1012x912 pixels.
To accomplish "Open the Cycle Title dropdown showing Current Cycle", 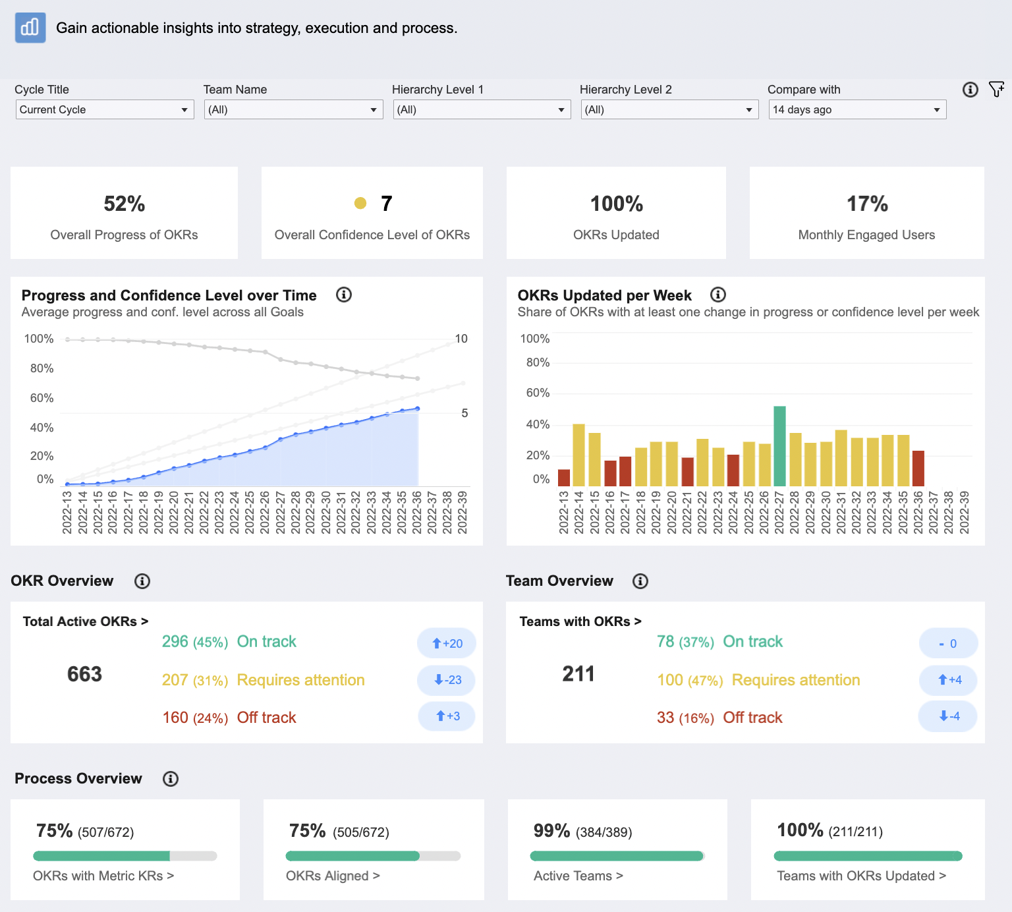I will coord(104,109).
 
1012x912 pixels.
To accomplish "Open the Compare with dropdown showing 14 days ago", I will coord(857,109).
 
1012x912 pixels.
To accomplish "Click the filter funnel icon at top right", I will coord(996,90).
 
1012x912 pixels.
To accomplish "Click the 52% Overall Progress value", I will coord(124,204).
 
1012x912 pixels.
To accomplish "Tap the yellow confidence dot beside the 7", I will coord(360,204).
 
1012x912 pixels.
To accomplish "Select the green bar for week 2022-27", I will coord(779,446).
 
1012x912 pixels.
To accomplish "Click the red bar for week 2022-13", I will coord(564,478).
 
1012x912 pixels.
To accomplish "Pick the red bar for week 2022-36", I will coord(918,469).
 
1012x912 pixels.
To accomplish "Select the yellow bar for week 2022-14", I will coord(579,455).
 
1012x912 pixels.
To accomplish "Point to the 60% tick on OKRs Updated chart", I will coord(538,393).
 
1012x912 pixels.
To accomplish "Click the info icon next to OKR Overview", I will coord(142,581).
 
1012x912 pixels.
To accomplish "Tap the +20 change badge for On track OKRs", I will coord(447,643).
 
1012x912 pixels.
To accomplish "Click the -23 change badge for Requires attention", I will coord(447,680).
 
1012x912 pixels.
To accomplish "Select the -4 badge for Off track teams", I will coord(949,716).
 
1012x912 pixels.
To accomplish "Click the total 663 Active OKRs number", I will coord(84,674).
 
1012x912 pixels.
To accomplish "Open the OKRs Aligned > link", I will coord(333,876).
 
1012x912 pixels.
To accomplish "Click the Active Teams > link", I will coord(578,876).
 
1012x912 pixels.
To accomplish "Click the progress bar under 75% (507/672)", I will coord(125,856).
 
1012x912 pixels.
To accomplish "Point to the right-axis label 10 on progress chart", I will coord(461,339).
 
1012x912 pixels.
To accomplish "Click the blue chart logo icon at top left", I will coord(30,28).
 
